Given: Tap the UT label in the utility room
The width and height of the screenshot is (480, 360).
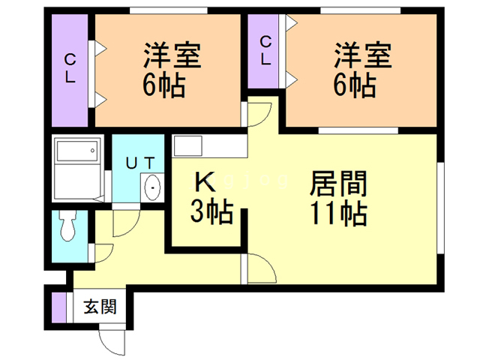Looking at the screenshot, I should (x=139, y=162).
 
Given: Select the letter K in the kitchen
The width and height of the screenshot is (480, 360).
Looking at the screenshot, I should (x=205, y=181).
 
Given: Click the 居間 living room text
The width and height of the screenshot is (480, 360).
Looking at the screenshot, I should (x=338, y=182).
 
